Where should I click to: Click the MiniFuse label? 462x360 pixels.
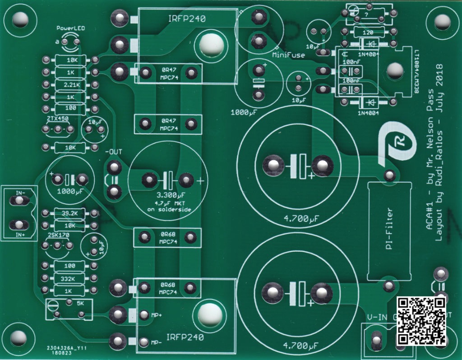tap(288, 55)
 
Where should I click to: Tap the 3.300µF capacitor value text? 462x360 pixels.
tap(167, 196)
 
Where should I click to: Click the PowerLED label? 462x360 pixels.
tap(70, 28)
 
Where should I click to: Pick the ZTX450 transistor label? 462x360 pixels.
tap(57, 118)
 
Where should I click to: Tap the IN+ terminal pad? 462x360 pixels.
tap(18, 225)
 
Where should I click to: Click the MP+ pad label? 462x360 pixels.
tap(157, 315)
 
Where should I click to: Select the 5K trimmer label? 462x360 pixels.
tap(80, 303)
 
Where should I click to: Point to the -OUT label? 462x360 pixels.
tap(114, 151)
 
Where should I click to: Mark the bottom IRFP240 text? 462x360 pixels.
tap(185, 337)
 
